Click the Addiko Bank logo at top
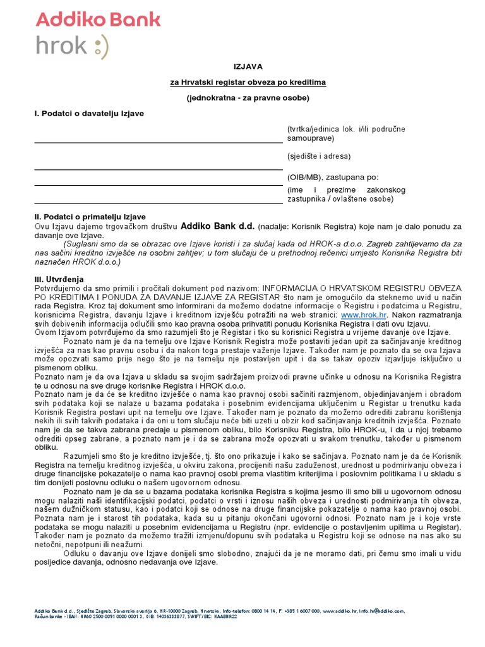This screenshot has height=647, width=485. (x=98, y=18)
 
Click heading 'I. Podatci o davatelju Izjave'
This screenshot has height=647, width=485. (x=89, y=113)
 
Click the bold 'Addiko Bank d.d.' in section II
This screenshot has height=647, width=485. (x=218, y=226)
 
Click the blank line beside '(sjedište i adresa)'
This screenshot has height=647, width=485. (x=158, y=169)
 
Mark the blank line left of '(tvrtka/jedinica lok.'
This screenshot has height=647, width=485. (x=158, y=142)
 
